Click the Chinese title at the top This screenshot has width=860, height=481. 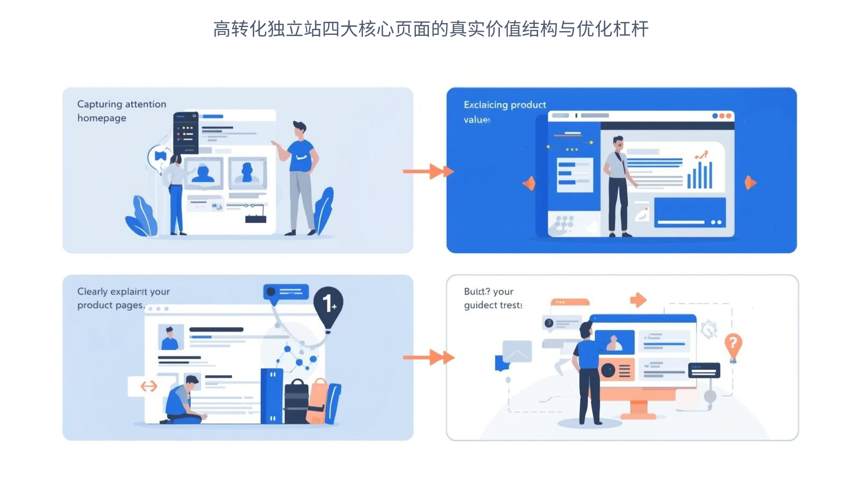[431, 29]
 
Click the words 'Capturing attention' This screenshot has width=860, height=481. [121, 104]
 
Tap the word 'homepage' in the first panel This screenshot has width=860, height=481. [102, 118]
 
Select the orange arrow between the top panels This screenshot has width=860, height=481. [428, 172]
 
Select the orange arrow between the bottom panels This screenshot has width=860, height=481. [428, 357]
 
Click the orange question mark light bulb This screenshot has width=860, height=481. [733, 345]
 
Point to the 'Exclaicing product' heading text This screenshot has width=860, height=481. [505, 105]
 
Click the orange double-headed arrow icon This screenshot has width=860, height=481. [148, 386]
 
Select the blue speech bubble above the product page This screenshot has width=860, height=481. [285, 293]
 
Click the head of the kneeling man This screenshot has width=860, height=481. [191, 382]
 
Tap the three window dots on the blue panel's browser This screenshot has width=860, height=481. [721, 115]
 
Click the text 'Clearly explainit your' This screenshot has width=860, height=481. [124, 291]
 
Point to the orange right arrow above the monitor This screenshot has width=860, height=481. [637, 300]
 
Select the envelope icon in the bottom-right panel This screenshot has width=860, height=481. [517, 351]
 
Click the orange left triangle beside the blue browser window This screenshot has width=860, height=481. [529, 183]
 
